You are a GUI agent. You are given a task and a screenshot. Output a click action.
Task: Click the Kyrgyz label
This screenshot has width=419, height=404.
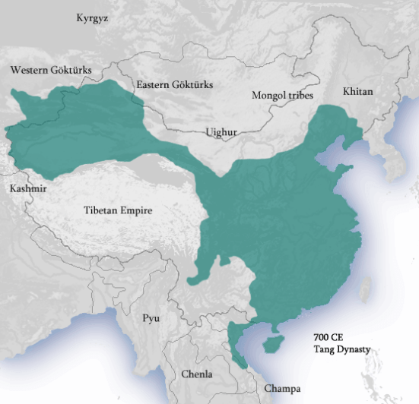(x=93, y=18)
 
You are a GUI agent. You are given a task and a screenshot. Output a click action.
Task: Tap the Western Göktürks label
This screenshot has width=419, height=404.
(x=51, y=71)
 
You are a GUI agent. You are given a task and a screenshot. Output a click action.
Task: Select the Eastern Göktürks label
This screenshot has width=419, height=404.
(x=175, y=84)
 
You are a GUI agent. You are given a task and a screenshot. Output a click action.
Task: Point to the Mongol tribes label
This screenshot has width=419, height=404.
(x=282, y=95)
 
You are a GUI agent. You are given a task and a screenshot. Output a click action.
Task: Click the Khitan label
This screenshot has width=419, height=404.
(x=357, y=91)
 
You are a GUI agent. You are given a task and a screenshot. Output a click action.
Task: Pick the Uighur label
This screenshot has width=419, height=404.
(x=221, y=132)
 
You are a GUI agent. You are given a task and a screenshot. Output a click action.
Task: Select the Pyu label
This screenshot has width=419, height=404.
(x=151, y=317)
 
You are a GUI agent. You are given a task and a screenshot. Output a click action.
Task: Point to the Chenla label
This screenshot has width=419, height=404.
(x=196, y=374)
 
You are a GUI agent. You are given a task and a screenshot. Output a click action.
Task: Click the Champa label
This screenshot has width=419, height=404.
(x=282, y=388)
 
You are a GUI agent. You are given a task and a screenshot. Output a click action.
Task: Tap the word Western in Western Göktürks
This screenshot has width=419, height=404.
(x=30, y=71)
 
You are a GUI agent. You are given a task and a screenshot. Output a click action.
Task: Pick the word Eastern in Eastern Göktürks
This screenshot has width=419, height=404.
(x=155, y=84)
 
